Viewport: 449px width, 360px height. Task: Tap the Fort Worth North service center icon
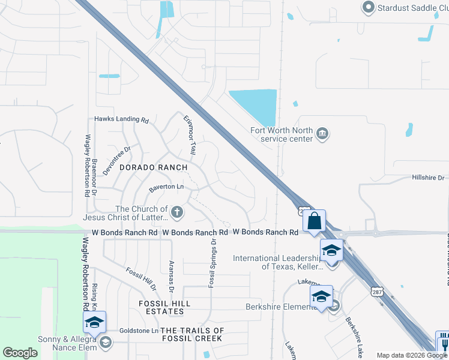pos(322,133)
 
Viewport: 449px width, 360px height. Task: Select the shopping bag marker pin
pos(314,221)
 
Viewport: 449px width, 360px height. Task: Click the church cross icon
pos(177,211)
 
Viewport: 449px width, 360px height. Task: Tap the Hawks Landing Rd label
pos(121,119)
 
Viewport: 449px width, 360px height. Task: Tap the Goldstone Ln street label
pos(139,331)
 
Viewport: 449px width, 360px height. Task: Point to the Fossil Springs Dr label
pos(212,263)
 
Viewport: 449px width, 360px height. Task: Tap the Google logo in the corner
pos(20,353)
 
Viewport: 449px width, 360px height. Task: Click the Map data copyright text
pos(411,355)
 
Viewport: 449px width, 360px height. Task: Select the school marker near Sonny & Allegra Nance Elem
pos(94,323)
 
